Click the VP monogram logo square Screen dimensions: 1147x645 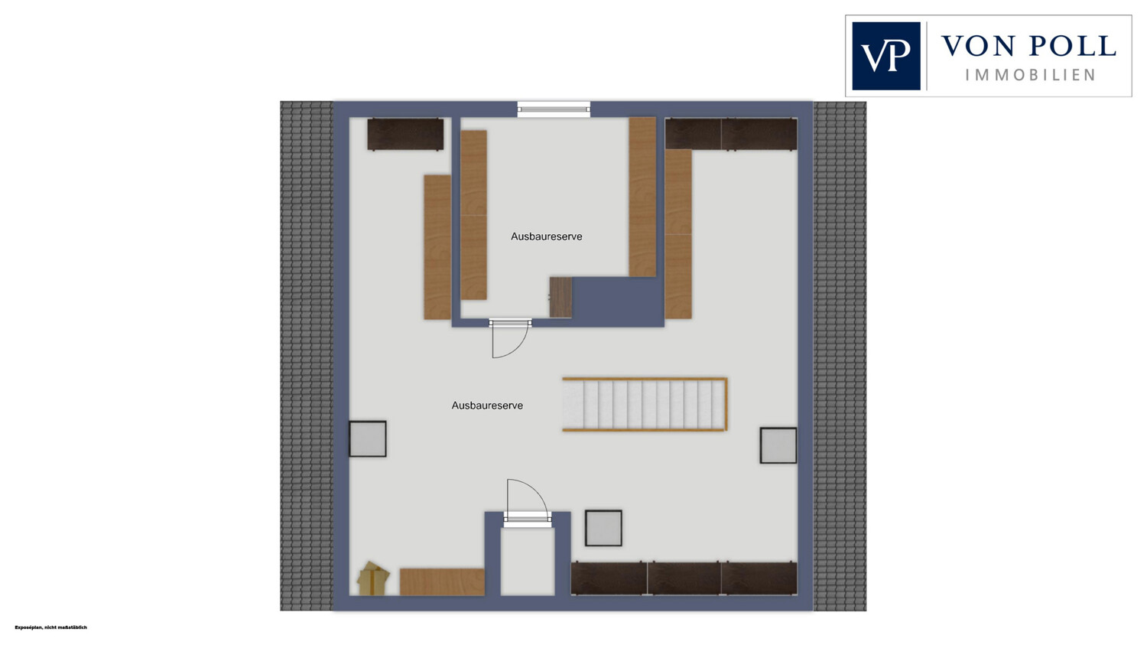(x=886, y=56)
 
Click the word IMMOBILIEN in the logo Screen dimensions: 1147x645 (x=1030, y=75)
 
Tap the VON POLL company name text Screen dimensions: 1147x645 (x=1028, y=46)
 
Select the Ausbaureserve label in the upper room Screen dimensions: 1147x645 (x=547, y=236)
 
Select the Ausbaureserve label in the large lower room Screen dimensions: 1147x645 (x=487, y=406)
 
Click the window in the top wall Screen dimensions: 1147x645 (x=554, y=109)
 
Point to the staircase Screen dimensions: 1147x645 (x=645, y=404)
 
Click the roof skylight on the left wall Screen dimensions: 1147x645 (x=368, y=439)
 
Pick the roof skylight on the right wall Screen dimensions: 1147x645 (x=778, y=446)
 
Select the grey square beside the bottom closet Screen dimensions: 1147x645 (x=604, y=528)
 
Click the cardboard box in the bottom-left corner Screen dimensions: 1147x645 (x=373, y=579)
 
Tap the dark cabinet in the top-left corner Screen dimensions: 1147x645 (x=405, y=134)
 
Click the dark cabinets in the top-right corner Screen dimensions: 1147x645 (x=731, y=134)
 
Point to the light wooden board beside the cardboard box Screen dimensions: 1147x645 (x=443, y=582)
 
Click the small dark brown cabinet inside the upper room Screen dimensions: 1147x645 (x=561, y=298)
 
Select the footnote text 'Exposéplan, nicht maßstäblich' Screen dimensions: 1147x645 (x=50, y=627)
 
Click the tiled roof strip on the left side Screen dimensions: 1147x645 (x=307, y=356)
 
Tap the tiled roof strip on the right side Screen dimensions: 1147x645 (x=840, y=356)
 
